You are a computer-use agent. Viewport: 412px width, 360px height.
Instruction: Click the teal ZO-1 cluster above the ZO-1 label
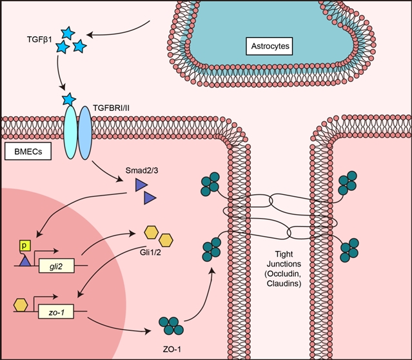[170, 324]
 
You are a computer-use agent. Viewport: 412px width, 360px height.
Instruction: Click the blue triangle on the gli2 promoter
[25, 261]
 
